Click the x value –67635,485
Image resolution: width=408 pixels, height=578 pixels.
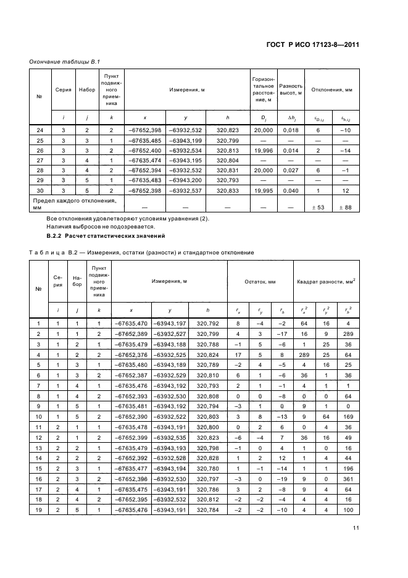click(x=144, y=141)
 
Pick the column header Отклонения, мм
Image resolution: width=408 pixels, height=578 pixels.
click(x=331, y=90)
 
